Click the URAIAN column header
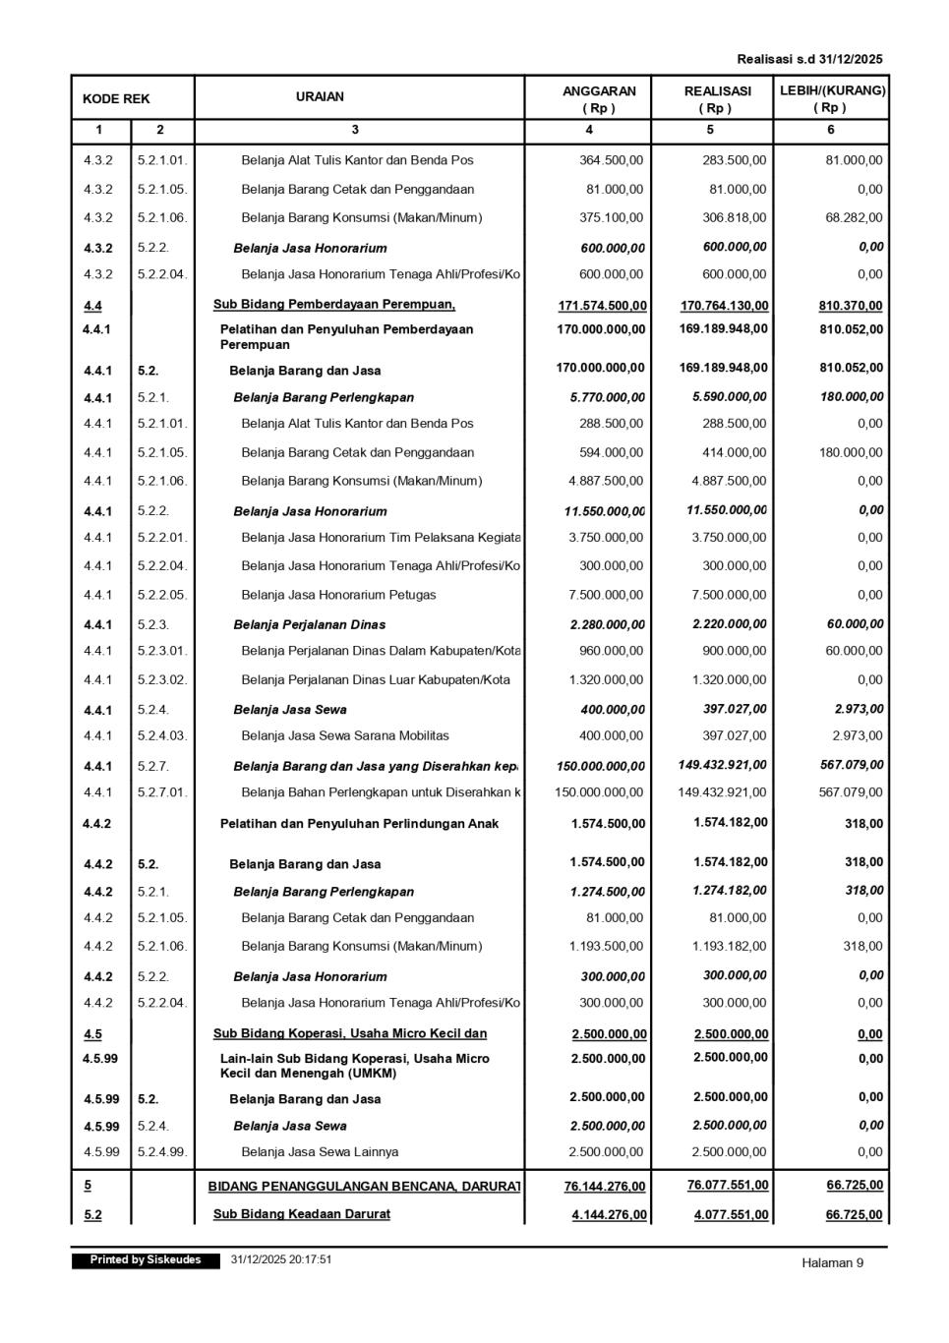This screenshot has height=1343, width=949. [x=320, y=97]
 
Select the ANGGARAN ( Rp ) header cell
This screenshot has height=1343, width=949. [x=599, y=98]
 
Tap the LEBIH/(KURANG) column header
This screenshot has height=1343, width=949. [x=832, y=98]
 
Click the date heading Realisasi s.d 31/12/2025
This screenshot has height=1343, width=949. [x=809, y=59]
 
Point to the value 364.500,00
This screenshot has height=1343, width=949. [x=611, y=160]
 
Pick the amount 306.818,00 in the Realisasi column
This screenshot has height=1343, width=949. [x=734, y=217]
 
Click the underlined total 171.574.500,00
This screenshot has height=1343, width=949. [x=603, y=306]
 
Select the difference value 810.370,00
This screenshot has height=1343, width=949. [x=851, y=306]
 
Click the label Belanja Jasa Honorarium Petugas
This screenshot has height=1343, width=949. [x=338, y=595]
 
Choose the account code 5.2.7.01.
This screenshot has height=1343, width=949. [x=162, y=792]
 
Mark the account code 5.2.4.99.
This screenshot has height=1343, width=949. [x=162, y=1151]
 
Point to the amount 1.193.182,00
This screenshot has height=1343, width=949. [x=730, y=946]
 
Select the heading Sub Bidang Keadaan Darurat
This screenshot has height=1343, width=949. [x=302, y=1214]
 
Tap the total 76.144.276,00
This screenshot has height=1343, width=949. [x=605, y=1187]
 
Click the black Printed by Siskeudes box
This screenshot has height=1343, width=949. [x=146, y=1260]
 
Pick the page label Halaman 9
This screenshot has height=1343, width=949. [x=832, y=1263]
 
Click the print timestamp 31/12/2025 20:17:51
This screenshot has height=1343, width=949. [x=281, y=1259]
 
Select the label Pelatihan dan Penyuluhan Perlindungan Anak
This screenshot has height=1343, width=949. [x=359, y=824]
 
